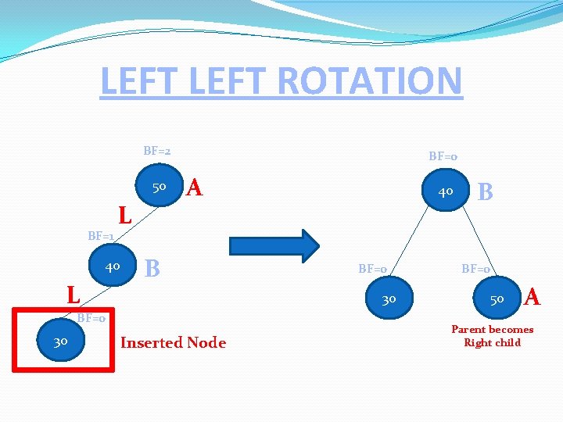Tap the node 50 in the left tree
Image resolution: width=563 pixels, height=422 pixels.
click(159, 188)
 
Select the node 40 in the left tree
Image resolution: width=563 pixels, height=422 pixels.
click(113, 267)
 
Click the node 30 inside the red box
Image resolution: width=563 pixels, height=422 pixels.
click(60, 341)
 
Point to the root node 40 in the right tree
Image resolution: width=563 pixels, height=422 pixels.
click(446, 191)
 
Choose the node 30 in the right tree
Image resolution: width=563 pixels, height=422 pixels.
click(389, 299)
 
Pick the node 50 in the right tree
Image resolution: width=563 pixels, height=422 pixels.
click(497, 299)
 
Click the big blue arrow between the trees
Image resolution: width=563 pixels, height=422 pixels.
click(274, 244)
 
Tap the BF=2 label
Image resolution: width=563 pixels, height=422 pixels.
click(157, 150)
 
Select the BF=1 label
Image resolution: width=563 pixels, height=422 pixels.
click(101, 235)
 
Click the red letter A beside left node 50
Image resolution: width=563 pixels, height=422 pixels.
click(195, 188)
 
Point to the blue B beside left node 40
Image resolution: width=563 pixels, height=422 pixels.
click(153, 268)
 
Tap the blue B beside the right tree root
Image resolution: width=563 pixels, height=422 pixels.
click(485, 191)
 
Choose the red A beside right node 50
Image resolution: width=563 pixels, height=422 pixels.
click(533, 297)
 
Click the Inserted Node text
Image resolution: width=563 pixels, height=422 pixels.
click(173, 342)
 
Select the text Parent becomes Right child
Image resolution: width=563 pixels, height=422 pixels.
click(492, 336)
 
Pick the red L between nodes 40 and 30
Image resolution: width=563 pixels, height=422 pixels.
click(74, 295)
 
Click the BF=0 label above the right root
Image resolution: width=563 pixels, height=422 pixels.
click(443, 156)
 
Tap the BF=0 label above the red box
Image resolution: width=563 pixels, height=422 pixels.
click(91, 318)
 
